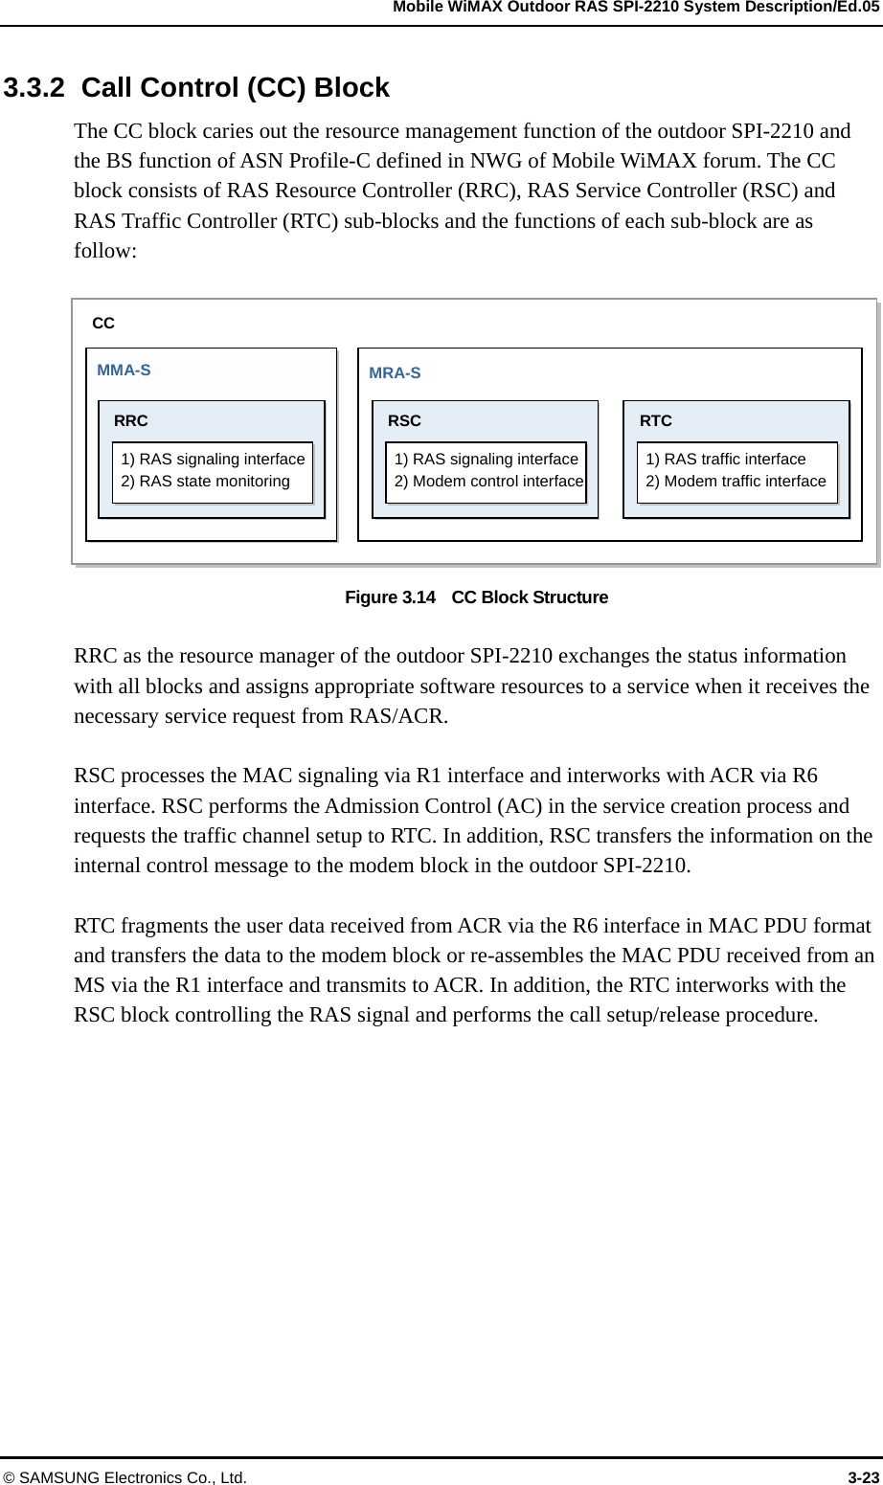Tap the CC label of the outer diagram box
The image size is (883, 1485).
pyautogui.click(x=103, y=324)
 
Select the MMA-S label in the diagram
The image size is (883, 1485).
pyautogui.click(x=125, y=370)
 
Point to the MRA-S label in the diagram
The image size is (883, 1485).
pyautogui.click(x=395, y=372)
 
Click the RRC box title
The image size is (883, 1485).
pyautogui.click(x=131, y=420)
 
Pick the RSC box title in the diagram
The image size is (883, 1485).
pyautogui.click(x=404, y=420)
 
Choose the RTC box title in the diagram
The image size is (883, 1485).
pyautogui.click(x=656, y=420)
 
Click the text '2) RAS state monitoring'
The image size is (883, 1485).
pyautogui.click(x=205, y=481)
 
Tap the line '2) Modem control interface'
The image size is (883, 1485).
pyautogui.click(x=489, y=481)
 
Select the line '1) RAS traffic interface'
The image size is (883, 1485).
pyautogui.click(x=726, y=459)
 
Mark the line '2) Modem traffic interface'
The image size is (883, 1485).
pyautogui.click(x=736, y=481)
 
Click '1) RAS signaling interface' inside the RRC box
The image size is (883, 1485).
pyautogui.click(x=213, y=459)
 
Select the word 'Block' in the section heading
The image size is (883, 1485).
pyautogui.click(x=351, y=88)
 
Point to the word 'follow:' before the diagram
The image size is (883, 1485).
pyautogui.click(x=105, y=251)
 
